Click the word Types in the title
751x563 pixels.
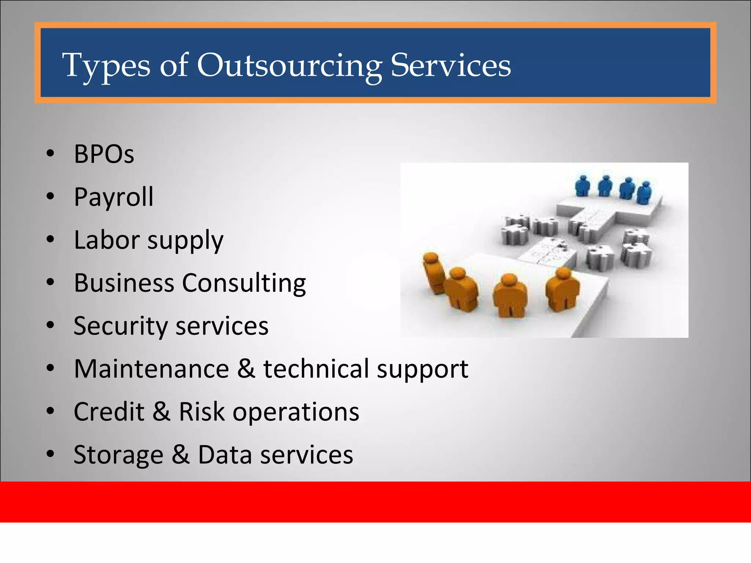106,66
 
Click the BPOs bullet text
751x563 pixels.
104,154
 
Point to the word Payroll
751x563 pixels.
114,198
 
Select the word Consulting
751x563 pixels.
244,283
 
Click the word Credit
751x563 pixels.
109,412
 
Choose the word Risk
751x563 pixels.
201,412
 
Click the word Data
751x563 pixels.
225,455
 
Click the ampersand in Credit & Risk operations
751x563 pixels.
161,412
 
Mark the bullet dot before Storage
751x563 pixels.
50,454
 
